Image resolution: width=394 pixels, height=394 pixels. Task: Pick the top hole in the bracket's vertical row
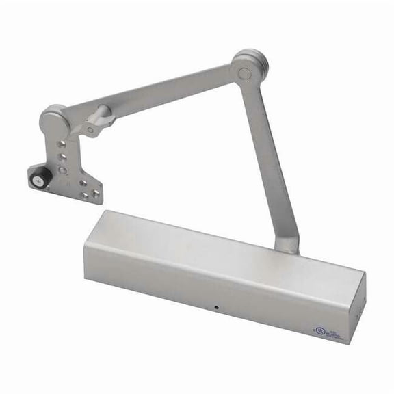point(62,144)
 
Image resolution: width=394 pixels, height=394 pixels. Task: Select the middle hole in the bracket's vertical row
point(62,157)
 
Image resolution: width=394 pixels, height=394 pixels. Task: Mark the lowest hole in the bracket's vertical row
point(62,169)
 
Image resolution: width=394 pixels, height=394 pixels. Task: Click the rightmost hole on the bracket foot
point(95,194)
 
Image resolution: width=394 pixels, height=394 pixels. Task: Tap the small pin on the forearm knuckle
point(90,129)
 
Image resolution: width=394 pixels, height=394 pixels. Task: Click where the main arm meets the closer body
point(287,243)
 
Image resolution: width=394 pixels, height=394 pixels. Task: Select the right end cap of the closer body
point(356,307)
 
